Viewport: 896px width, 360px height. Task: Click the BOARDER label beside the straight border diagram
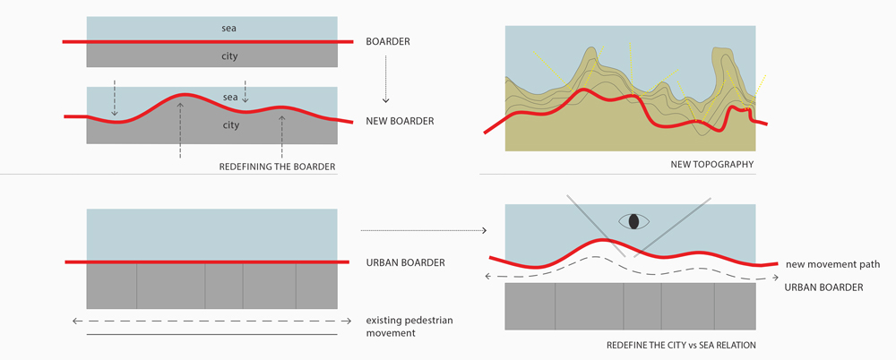point(388,42)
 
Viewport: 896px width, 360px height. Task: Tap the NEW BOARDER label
point(400,121)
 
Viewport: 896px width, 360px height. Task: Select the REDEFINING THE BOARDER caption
point(277,167)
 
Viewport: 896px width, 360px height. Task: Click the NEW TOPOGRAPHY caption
point(712,165)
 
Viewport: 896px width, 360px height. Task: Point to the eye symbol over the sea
point(633,221)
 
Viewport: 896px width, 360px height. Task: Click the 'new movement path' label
point(824,264)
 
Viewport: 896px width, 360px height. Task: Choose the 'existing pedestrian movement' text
point(409,326)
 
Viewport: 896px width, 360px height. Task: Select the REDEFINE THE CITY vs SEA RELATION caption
point(682,345)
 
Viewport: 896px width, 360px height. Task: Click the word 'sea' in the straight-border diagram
point(229,28)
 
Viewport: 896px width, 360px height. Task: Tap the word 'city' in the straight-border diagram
point(229,56)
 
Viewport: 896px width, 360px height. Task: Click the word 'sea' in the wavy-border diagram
point(230,97)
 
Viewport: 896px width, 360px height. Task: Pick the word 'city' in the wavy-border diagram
point(230,125)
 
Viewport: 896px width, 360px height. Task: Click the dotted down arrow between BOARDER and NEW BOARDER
point(385,79)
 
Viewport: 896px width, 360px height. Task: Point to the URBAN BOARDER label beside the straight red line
point(405,263)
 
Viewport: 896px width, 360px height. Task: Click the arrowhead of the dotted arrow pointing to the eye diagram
point(484,231)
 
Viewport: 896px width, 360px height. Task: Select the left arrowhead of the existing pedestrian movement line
point(75,321)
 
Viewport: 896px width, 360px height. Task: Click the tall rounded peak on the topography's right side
point(723,57)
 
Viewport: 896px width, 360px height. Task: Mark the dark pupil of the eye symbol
point(633,221)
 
